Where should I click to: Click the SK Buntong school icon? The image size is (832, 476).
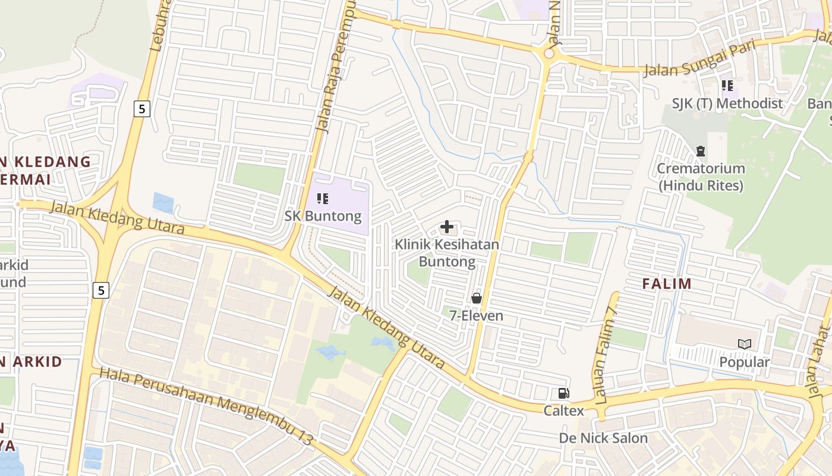click(323, 198)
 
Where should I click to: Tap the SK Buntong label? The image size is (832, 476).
click(323, 215)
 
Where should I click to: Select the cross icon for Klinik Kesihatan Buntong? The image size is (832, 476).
click(447, 227)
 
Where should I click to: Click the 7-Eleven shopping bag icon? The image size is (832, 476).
click(476, 298)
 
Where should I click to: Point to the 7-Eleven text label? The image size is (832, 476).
click(476, 315)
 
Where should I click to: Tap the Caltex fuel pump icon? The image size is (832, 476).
click(563, 393)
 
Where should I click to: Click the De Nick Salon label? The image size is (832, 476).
click(603, 439)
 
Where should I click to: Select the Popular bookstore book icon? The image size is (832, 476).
click(744, 344)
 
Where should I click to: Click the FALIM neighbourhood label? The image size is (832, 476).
click(667, 284)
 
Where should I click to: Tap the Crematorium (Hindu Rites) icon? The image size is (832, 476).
click(701, 151)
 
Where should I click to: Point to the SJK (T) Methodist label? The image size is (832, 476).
click(727, 104)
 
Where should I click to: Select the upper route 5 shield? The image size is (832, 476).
click(141, 109)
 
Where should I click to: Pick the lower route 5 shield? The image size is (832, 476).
click(102, 290)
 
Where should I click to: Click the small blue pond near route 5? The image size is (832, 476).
click(163, 202)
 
